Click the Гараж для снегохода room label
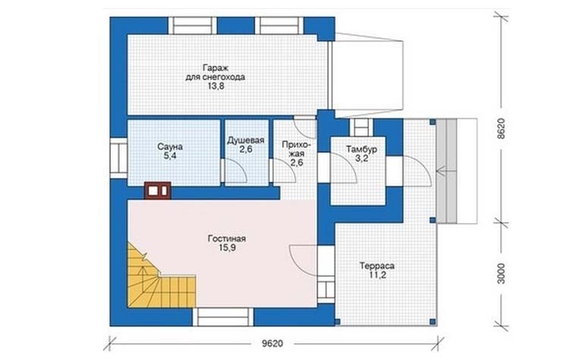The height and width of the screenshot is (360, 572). [215, 73]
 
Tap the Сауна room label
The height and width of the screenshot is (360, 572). [170, 147]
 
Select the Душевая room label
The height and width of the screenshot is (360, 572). [245, 140]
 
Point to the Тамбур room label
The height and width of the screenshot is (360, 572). [361, 149]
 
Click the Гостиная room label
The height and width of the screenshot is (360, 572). [227, 239]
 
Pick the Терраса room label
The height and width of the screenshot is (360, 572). [377, 266]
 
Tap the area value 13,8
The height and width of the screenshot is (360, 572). [215, 86]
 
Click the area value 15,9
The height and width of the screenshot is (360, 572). [227, 248]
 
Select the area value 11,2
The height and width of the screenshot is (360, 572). [377, 275]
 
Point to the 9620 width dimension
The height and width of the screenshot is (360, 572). [273, 343]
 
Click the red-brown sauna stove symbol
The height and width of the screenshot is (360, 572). [158, 190]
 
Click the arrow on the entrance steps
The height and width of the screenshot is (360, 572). [445, 170]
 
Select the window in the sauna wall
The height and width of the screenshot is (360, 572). [118, 158]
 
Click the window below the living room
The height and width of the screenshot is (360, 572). [223, 317]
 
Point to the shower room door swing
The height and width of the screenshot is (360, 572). [236, 171]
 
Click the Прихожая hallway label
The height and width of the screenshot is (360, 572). [296, 154]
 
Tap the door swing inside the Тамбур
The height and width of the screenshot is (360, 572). [345, 167]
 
